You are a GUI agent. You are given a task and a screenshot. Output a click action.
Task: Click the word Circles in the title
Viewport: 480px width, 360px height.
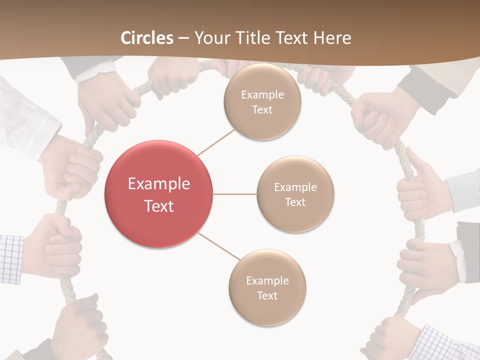[x=147, y=37]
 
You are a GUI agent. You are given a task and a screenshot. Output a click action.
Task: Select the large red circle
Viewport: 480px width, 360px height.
[x=159, y=194]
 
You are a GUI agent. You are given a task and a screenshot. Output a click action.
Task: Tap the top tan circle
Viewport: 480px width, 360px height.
[x=262, y=102]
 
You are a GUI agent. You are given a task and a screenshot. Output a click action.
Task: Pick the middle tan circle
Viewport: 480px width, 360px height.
[x=295, y=194]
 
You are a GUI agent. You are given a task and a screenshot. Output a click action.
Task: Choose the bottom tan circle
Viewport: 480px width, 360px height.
[x=267, y=288]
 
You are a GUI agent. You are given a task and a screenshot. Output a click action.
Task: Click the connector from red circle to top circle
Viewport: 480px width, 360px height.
[x=216, y=142]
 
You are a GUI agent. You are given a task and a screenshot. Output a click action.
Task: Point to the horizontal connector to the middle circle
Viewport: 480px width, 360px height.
[x=235, y=194]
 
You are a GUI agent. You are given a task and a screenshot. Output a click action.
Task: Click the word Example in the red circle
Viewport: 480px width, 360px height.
[x=159, y=183]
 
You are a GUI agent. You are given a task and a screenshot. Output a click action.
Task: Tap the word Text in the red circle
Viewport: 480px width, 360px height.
[x=159, y=205]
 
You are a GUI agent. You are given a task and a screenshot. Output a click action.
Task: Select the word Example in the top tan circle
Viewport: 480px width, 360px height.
[x=262, y=94]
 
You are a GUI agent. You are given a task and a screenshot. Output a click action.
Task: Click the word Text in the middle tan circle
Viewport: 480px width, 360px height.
[x=295, y=202]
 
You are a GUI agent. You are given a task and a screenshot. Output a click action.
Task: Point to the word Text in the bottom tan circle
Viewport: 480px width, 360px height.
[x=267, y=295]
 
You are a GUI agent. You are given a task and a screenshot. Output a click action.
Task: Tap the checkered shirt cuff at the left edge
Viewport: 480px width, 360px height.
[x=11, y=257]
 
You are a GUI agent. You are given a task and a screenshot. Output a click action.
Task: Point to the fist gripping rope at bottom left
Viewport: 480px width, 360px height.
[x=80, y=325]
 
